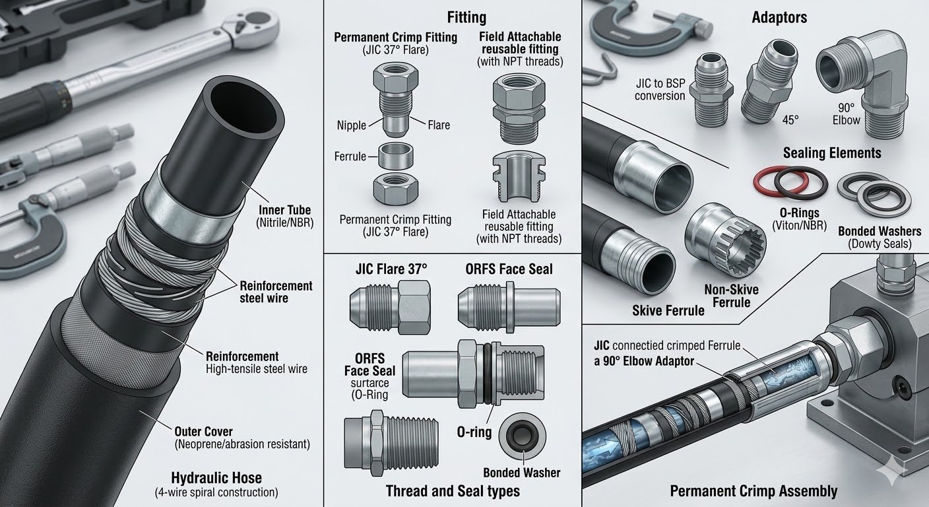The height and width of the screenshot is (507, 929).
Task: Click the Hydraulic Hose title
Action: click(x=216, y=478)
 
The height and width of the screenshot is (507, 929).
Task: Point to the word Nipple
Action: click(x=351, y=125)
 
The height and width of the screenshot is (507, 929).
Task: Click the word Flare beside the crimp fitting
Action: click(x=439, y=125)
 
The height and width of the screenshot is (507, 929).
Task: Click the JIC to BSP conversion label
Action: click(x=660, y=89)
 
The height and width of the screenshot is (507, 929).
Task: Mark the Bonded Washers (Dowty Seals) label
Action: click(x=879, y=238)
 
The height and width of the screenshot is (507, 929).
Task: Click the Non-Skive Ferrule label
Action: click(x=731, y=295)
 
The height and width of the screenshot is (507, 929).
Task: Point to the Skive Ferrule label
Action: click(x=668, y=310)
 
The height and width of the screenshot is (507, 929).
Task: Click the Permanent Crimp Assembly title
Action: click(x=753, y=491)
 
